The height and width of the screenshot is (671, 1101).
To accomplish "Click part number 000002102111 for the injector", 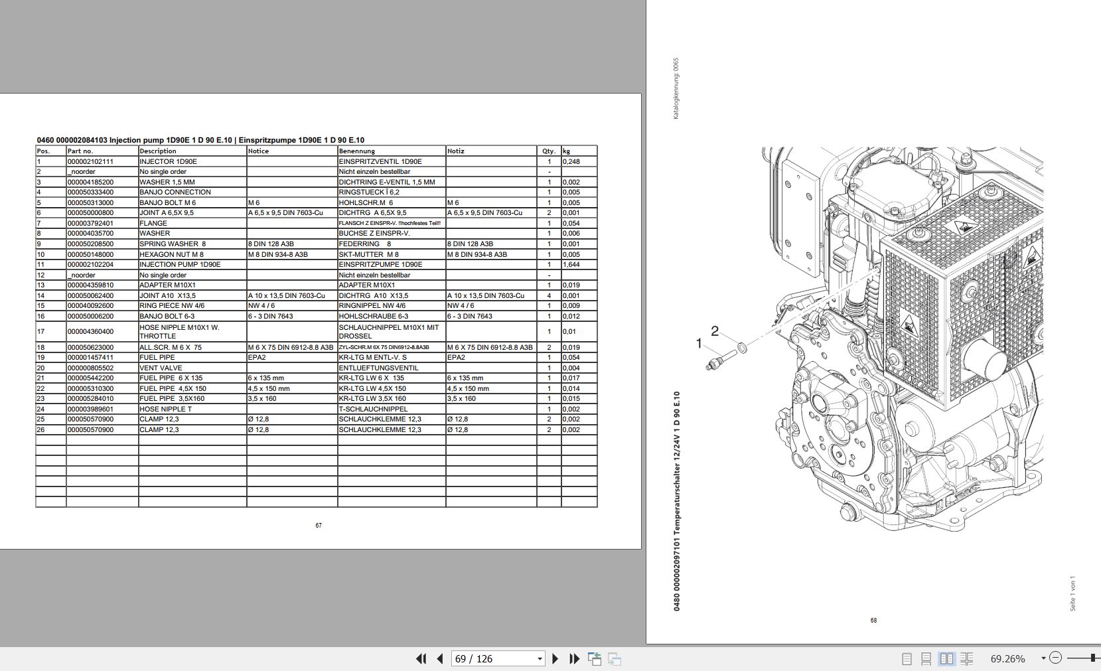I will tap(90, 161).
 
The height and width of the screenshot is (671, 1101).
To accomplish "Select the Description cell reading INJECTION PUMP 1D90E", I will tap(180, 265).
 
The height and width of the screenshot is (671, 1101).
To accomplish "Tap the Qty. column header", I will tap(549, 151).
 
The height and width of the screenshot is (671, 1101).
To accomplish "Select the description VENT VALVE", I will tap(161, 368).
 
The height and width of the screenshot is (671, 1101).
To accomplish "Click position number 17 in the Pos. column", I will tap(41, 332).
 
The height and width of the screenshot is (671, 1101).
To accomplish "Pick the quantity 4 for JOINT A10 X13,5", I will tap(549, 296).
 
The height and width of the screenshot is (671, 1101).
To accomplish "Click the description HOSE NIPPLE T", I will tap(165, 410).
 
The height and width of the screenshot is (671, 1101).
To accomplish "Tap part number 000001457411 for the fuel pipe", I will tap(90, 358).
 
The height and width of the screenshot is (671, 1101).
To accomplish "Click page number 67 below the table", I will tap(319, 526).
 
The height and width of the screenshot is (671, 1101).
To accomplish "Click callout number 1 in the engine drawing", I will tap(698, 343).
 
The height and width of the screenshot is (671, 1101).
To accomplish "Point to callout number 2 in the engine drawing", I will tap(715, 331).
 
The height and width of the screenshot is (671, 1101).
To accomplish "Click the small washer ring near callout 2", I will tap(741, 348).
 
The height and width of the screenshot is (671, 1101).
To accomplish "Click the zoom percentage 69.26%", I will tap(1007, 659).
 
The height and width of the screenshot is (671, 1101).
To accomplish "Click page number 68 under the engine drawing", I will tap(873, 621).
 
